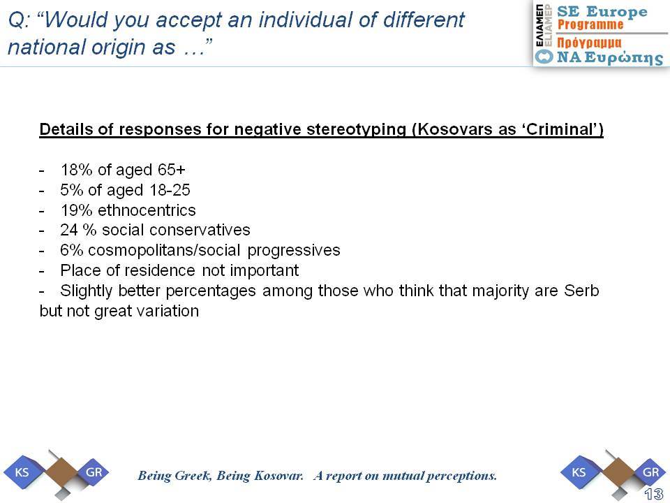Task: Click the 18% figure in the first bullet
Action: tap(76, 170)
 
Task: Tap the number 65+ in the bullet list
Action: tap(172, 170)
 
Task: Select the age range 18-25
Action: tap(170, 190)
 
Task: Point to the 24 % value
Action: tap(78, 230)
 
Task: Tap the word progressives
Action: tap(294, 251)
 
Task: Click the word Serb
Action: tap(581, 291)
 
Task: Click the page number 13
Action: tap(653, 495)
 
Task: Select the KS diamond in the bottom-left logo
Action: tap(22, 472)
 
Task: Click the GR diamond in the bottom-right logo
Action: tap(650, 472)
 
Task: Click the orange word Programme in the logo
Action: tap(590, 24)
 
